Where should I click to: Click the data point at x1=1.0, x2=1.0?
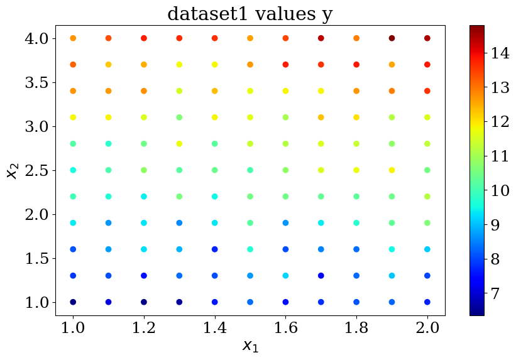click(73, 302)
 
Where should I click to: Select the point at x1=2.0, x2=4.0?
click(427, 38)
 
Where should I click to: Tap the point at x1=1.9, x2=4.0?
click(392, 38)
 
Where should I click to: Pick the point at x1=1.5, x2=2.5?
click(250, 170)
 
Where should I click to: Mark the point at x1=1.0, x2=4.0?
click(73, 38)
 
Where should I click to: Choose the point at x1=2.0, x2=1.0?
click(427, 302)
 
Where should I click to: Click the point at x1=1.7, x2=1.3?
click(321, 275)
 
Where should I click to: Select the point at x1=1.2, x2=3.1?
click(144, 117)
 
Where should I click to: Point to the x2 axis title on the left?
click(13, 170)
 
